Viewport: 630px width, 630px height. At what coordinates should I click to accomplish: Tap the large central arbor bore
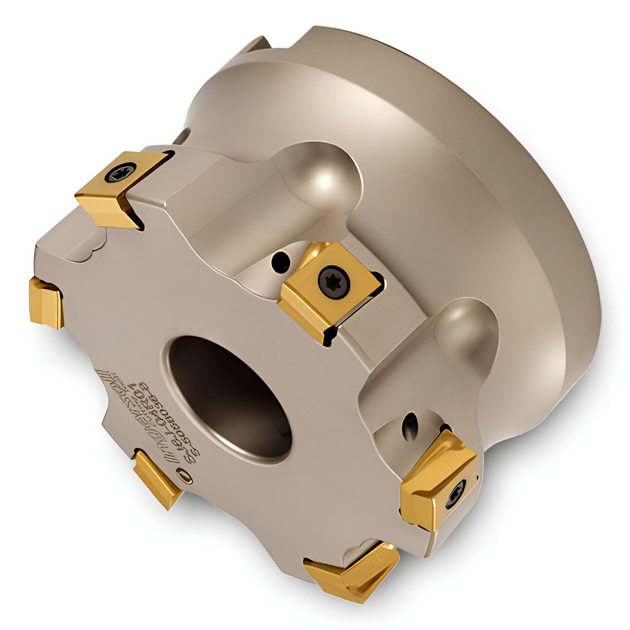tap(230, 397)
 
